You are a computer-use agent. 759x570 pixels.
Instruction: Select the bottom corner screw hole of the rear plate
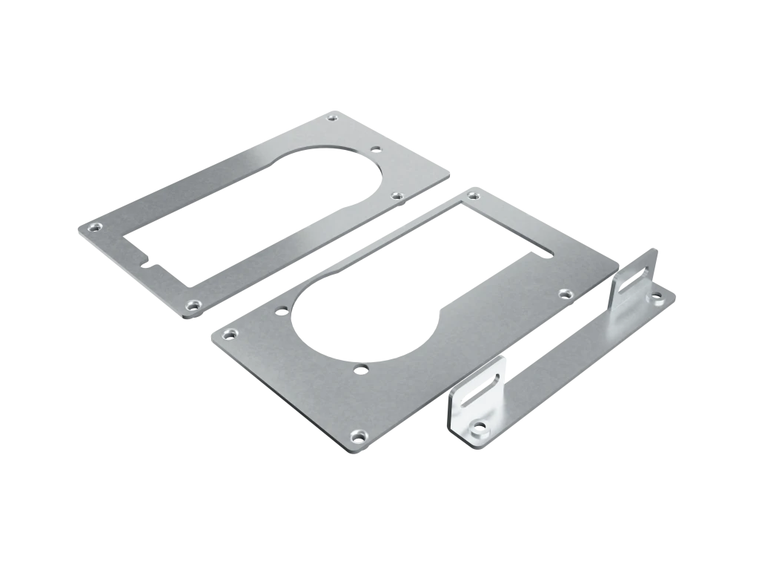(x=193, y=304)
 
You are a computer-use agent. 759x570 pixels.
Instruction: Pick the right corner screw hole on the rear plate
(x=397, y=196)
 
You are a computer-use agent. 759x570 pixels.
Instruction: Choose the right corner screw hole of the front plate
(x=565, y=293)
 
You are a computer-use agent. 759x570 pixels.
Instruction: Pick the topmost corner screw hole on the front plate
(x=471, y=196)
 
